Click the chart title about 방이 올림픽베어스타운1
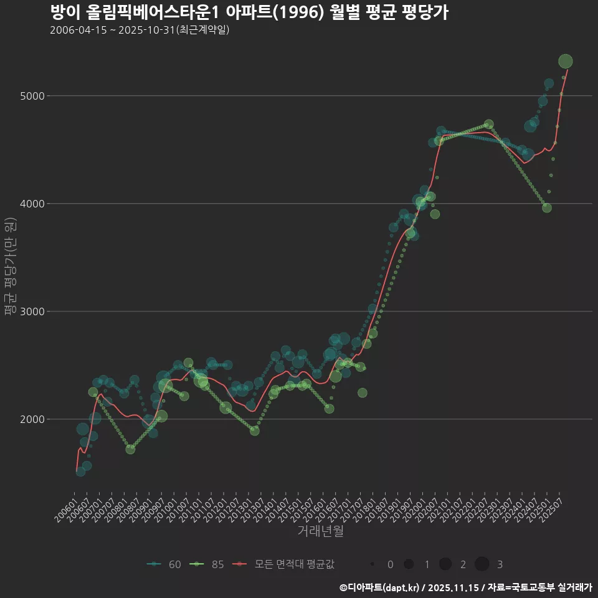click(x=249, y=12)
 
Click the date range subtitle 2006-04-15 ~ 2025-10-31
click(x=140, y=30)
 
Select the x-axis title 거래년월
click(x=320, y=531)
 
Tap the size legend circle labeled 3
click(x=482, y=564)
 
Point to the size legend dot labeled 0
click(x=373, y=564)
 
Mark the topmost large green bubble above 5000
click(x=566, y=61)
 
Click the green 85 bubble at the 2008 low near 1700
click(x=130, y=449)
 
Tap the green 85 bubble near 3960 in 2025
click(x=547, y=207)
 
